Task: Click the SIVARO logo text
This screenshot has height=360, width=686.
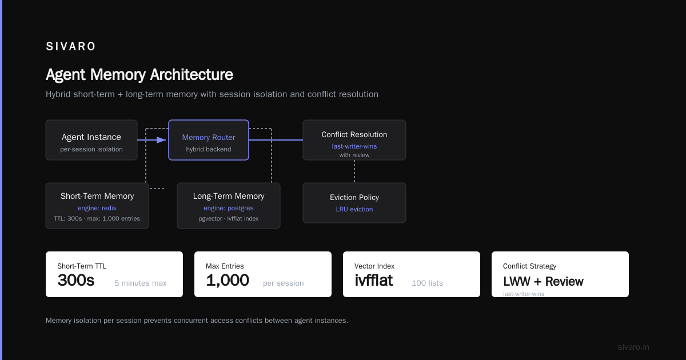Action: (x=70, y=46)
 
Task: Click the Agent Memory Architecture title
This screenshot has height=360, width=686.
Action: (x=139, y=75)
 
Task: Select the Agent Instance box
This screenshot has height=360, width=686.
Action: (x=91, y=140)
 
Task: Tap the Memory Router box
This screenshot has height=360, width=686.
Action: (x=209, y=140)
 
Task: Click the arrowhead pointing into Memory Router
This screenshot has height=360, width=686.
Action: (x=161, y=140)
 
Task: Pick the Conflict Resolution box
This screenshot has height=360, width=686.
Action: (x=354, y=140)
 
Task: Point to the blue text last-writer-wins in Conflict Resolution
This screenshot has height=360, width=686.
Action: (x=354, y=146)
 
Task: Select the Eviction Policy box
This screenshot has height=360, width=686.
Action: (x=354, y=203)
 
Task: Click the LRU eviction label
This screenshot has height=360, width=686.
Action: (x=354, y=209)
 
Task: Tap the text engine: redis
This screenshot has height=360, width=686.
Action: (x=97, y=208)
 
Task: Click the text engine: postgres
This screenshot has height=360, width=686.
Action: (x=229, y=208)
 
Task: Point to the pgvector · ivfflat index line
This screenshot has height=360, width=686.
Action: (x=229, y=218)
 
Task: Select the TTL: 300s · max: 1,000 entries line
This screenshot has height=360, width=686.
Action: (x=97, y=218)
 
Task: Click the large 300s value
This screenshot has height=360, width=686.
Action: (x=76, y=280)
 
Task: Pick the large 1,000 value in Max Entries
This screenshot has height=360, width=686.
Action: (x=228, y=281)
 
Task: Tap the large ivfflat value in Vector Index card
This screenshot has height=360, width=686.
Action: (x=374, y=280)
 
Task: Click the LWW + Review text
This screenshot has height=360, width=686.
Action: (x=543, y=281)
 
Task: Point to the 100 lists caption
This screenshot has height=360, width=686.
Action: (x=427, y=283)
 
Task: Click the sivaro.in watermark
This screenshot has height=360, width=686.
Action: (x=633, y=347)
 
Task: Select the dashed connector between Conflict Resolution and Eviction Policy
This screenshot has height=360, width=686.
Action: (x=354, y=171)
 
